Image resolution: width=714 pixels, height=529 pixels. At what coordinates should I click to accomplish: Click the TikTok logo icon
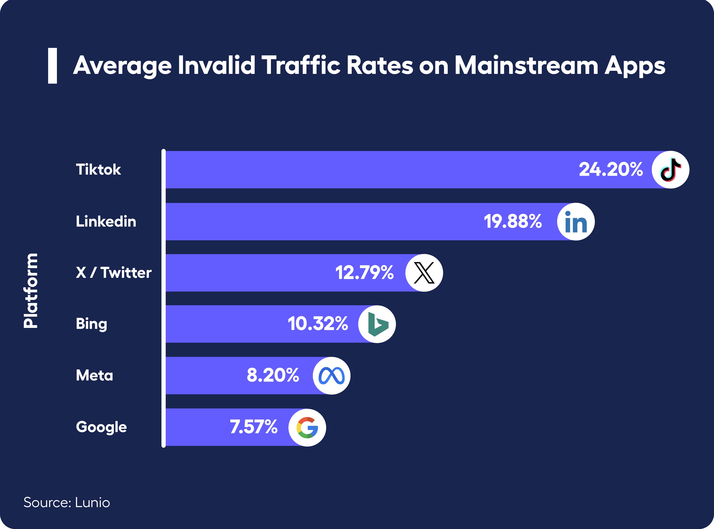tap(670, 169)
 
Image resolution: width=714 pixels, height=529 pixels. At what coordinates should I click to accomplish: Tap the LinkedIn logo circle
tap(576, 222)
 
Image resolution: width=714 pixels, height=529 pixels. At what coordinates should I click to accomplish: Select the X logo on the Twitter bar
tap(424, 273)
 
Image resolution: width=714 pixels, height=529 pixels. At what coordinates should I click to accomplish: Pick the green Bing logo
tap(377, 324)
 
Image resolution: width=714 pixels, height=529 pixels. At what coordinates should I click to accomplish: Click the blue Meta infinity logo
tap(331, 376)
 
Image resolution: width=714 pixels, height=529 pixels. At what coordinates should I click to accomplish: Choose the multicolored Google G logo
tap(307, 428)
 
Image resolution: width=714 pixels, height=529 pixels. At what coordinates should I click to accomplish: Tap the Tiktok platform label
tap(98, 169)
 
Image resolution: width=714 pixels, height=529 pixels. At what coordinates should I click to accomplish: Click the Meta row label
tap(94, 375)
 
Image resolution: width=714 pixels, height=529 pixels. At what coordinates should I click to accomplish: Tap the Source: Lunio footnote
tap(67, 502)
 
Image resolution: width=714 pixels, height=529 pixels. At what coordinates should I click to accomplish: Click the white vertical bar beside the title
tap(53, 66)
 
